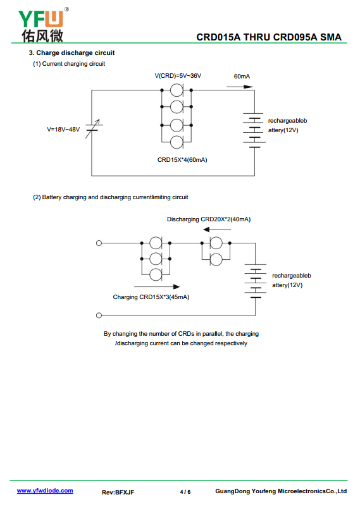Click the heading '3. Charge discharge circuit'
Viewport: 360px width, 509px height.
coord(71,53)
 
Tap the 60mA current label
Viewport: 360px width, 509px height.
coord(242,77)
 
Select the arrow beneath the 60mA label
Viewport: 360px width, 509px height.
coord(240,87)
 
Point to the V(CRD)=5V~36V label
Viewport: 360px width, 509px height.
coord(178,76)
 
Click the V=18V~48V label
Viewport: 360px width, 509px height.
coord(63,130)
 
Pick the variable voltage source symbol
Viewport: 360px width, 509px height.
coord(94,128)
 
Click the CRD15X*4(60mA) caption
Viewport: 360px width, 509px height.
coord(182,160)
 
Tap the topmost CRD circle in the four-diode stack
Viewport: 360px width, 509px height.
coord(177,90)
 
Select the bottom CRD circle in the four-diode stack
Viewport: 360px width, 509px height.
coord(177,142)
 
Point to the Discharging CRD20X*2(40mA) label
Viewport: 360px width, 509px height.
coord(209,219)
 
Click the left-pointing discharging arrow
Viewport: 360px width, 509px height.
coord(217,230)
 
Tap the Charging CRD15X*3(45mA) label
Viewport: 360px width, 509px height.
coord(151,297)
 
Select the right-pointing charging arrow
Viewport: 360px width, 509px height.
coord(157,286)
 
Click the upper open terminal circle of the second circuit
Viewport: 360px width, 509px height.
coord(99,243)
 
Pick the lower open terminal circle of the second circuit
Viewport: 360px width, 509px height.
coord(99,316)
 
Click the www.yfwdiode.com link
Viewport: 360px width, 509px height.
coord(45,491)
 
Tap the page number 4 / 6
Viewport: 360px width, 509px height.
coord(185,492)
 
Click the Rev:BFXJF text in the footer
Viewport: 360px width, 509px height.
coord(118,492)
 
